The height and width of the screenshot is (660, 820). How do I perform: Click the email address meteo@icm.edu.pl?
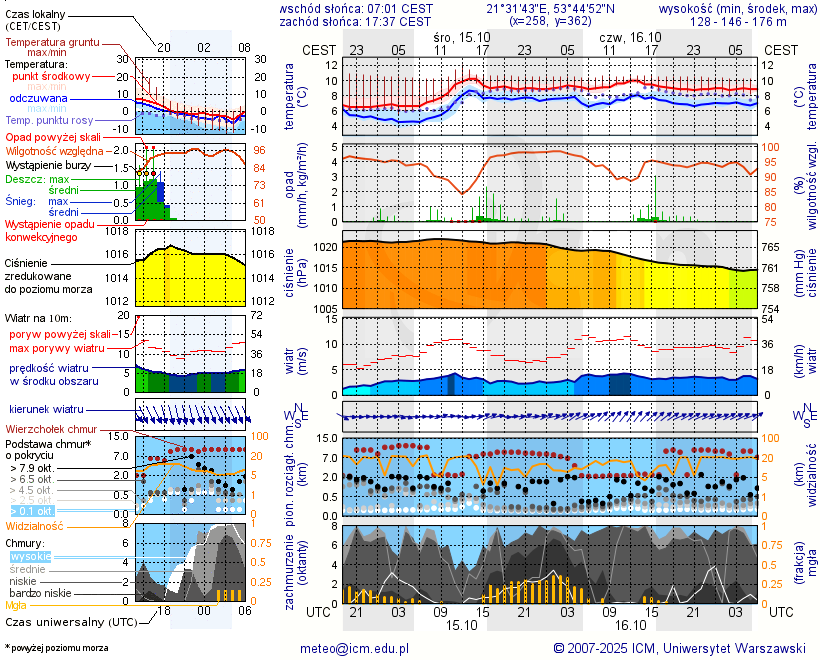(x=355, y=649)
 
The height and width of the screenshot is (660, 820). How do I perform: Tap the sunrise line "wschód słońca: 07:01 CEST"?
(x=356, y=8)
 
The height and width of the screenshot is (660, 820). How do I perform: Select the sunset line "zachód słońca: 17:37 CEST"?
(x=356, y=21)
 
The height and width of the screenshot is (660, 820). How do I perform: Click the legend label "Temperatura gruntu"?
(x=52, y=43)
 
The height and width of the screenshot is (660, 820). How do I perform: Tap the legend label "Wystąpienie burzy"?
(x=48, y=164)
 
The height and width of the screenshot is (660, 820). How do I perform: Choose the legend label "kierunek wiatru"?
(x=46, y=410)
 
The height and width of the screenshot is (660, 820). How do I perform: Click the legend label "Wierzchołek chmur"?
(x=51, y=429)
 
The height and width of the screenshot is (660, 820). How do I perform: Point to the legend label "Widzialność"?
(x=34, y=525)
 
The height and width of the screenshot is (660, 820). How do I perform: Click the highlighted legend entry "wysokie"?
(x=30, y=556)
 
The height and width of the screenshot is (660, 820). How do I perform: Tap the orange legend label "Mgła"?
(x=16, y=605)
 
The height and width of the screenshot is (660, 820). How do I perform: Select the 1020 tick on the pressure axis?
(x=326, y=247)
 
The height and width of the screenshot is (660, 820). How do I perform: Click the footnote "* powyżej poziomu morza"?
(x=56, y=648)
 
